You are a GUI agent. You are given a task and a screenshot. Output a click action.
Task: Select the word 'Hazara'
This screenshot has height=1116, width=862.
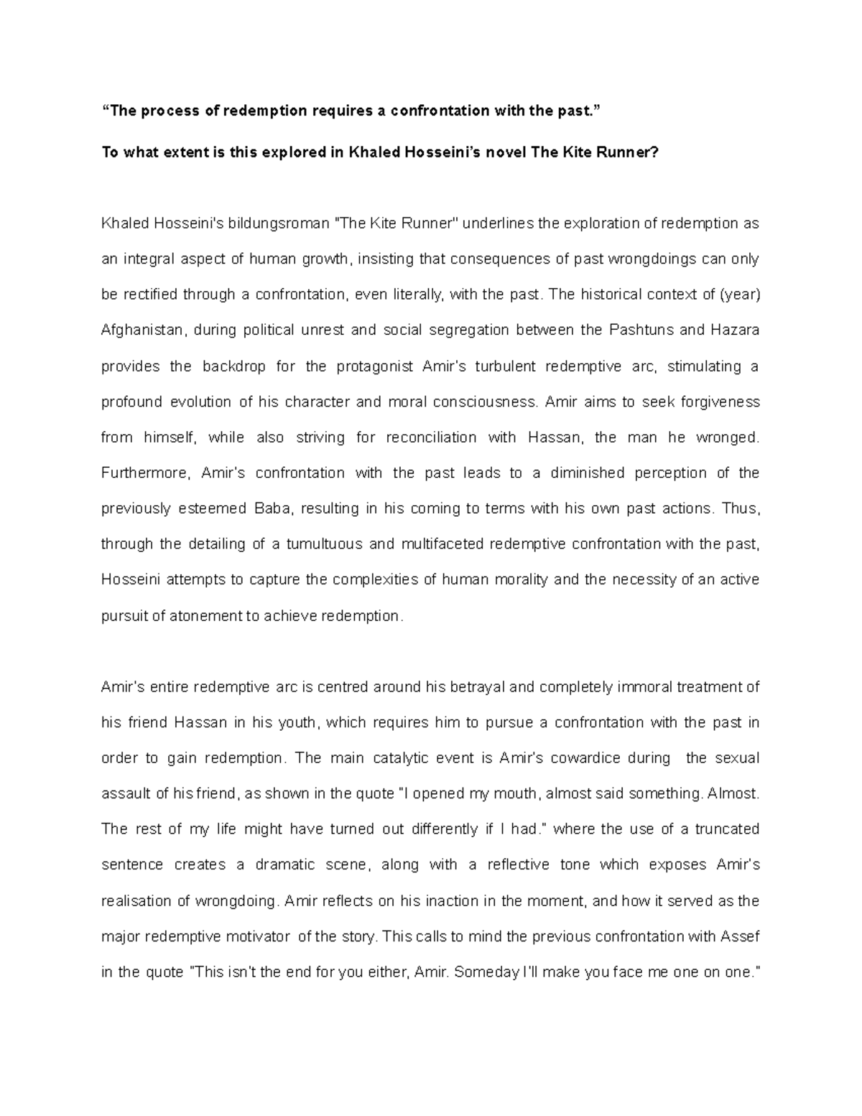click(735, 331)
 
